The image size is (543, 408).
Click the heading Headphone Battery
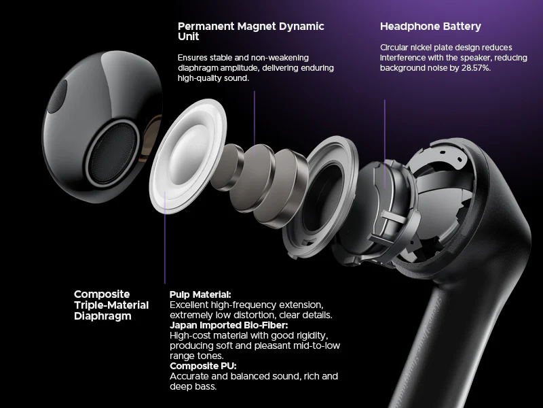click(430, 27)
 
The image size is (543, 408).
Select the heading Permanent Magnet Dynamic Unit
click(250, 31)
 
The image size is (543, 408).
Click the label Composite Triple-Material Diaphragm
click(111, 305)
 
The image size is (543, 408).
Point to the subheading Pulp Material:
click(200, 294)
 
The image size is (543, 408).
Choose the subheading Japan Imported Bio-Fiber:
click(229, 326)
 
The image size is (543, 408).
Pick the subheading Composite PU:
click(203, 366)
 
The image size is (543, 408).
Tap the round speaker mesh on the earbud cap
click(112, 153)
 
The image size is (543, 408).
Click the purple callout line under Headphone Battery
click(385, 143)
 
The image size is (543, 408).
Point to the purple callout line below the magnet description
click(254, 122)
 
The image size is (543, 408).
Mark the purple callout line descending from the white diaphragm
click(165, 237)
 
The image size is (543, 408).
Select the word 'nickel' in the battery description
click(421, 48)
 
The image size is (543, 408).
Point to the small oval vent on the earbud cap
click(57, 97)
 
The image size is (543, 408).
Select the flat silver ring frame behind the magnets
click(320, 196)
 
